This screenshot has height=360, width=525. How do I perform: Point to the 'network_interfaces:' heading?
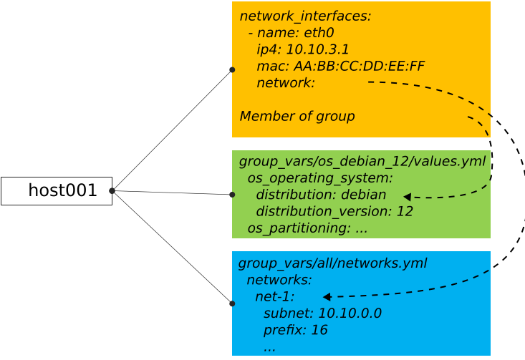coord(305,16)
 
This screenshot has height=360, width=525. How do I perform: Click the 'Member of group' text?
coord(297,116)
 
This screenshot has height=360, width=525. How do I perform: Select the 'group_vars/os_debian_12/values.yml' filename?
coord(362,162)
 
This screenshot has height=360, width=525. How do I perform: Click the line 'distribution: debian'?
coord(320,195)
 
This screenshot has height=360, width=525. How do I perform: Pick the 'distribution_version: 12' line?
coord(334,211)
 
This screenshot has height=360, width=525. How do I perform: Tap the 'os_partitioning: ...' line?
coord(307,228)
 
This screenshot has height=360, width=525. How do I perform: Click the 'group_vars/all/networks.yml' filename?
coord(332,263)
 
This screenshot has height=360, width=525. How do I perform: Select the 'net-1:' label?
coord(275,296)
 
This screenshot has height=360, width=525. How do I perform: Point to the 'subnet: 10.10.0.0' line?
coord(322,313)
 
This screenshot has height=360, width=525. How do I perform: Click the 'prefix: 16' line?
coord(295,330)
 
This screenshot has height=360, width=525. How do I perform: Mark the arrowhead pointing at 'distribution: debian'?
coord(407,197)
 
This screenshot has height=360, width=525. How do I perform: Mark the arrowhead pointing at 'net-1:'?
coord(327,296)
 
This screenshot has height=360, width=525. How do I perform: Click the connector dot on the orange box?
coord(232,70)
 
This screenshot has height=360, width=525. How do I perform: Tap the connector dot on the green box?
coord(232,195)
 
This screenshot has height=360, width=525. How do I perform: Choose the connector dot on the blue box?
coord(232,303)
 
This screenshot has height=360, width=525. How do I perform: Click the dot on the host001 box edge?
coord(112,190)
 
